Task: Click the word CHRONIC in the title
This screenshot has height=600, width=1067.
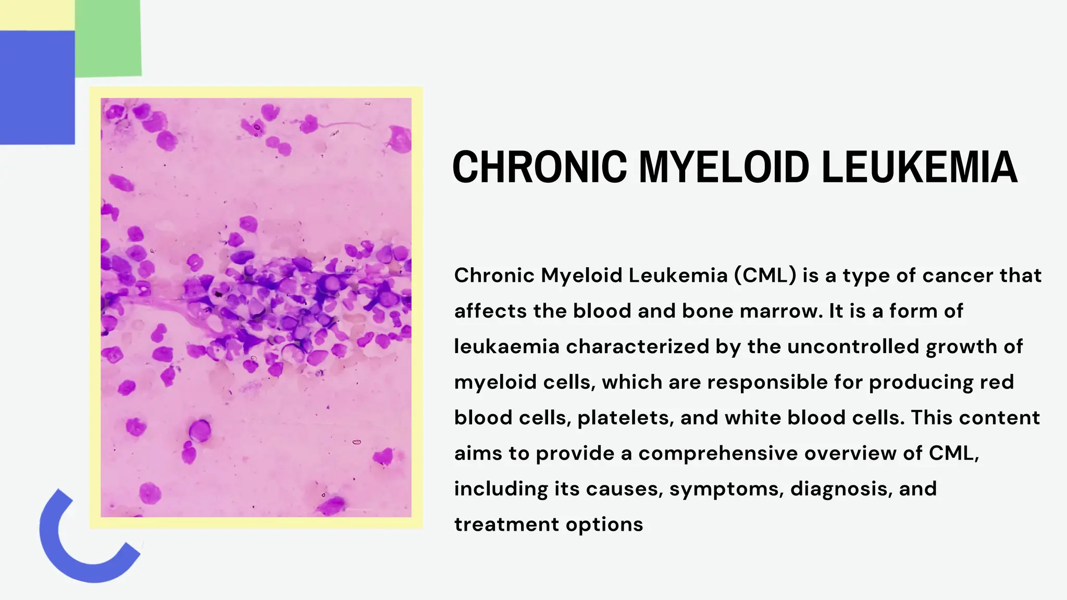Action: click(x=539, y=167)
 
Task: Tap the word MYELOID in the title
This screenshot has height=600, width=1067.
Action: click(x=724, y=167)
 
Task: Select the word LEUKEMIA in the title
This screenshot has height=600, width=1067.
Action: click(x=919, y=167)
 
